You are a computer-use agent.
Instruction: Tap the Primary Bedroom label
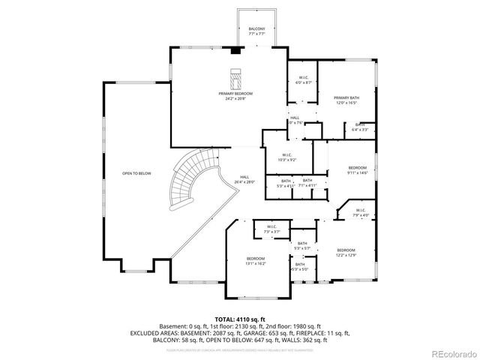point(235,95)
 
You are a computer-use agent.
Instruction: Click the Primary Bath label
point(346,100)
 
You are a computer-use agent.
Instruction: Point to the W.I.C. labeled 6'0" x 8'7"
point(304,81)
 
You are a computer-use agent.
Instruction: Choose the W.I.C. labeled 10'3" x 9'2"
point(287,158)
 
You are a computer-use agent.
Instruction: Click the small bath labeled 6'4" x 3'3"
point(360,127)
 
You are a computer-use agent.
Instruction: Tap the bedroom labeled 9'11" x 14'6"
point(357,169)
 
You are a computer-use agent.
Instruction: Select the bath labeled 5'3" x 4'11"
point(286,183)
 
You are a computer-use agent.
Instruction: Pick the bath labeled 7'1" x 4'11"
point(307,183)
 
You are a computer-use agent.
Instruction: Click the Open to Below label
point(136,173)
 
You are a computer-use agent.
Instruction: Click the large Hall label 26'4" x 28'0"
point(244,180)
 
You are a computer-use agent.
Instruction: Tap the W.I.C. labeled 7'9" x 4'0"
point(360,212)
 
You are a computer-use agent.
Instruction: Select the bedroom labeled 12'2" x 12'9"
point(345,251)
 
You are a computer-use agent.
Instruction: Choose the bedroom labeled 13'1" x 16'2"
point(256,261)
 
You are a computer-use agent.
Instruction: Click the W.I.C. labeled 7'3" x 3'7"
point(271,229)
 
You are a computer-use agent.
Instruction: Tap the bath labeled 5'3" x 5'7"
point(301,245)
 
